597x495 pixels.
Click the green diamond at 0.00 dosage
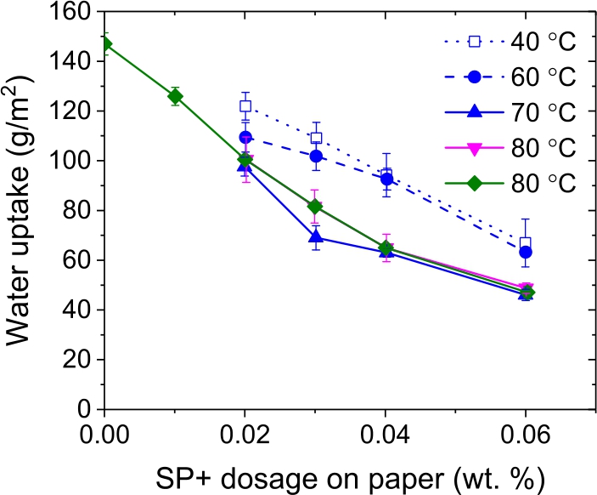pyautogui.click(x=105, y=44)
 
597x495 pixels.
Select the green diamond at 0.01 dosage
pyautogui.click(x=175, y=96)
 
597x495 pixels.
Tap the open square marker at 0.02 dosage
pyautogui.click(x=245, y=106)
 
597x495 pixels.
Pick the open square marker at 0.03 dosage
pyautogui.click(x=316, y=138)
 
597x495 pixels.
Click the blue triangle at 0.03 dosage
pyautogui.click(x=316, y=236)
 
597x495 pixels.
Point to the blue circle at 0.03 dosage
pyautogui.click(x=316, y=156)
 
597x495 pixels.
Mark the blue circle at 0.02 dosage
pyautogui.click(x=245, y=137)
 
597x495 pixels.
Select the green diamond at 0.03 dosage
pyautogui.click(x=316, y=206)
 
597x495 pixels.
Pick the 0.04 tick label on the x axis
pyautogui.click(x=386, y=432)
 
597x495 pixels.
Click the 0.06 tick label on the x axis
pyautogui.click(x=527, y=432)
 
